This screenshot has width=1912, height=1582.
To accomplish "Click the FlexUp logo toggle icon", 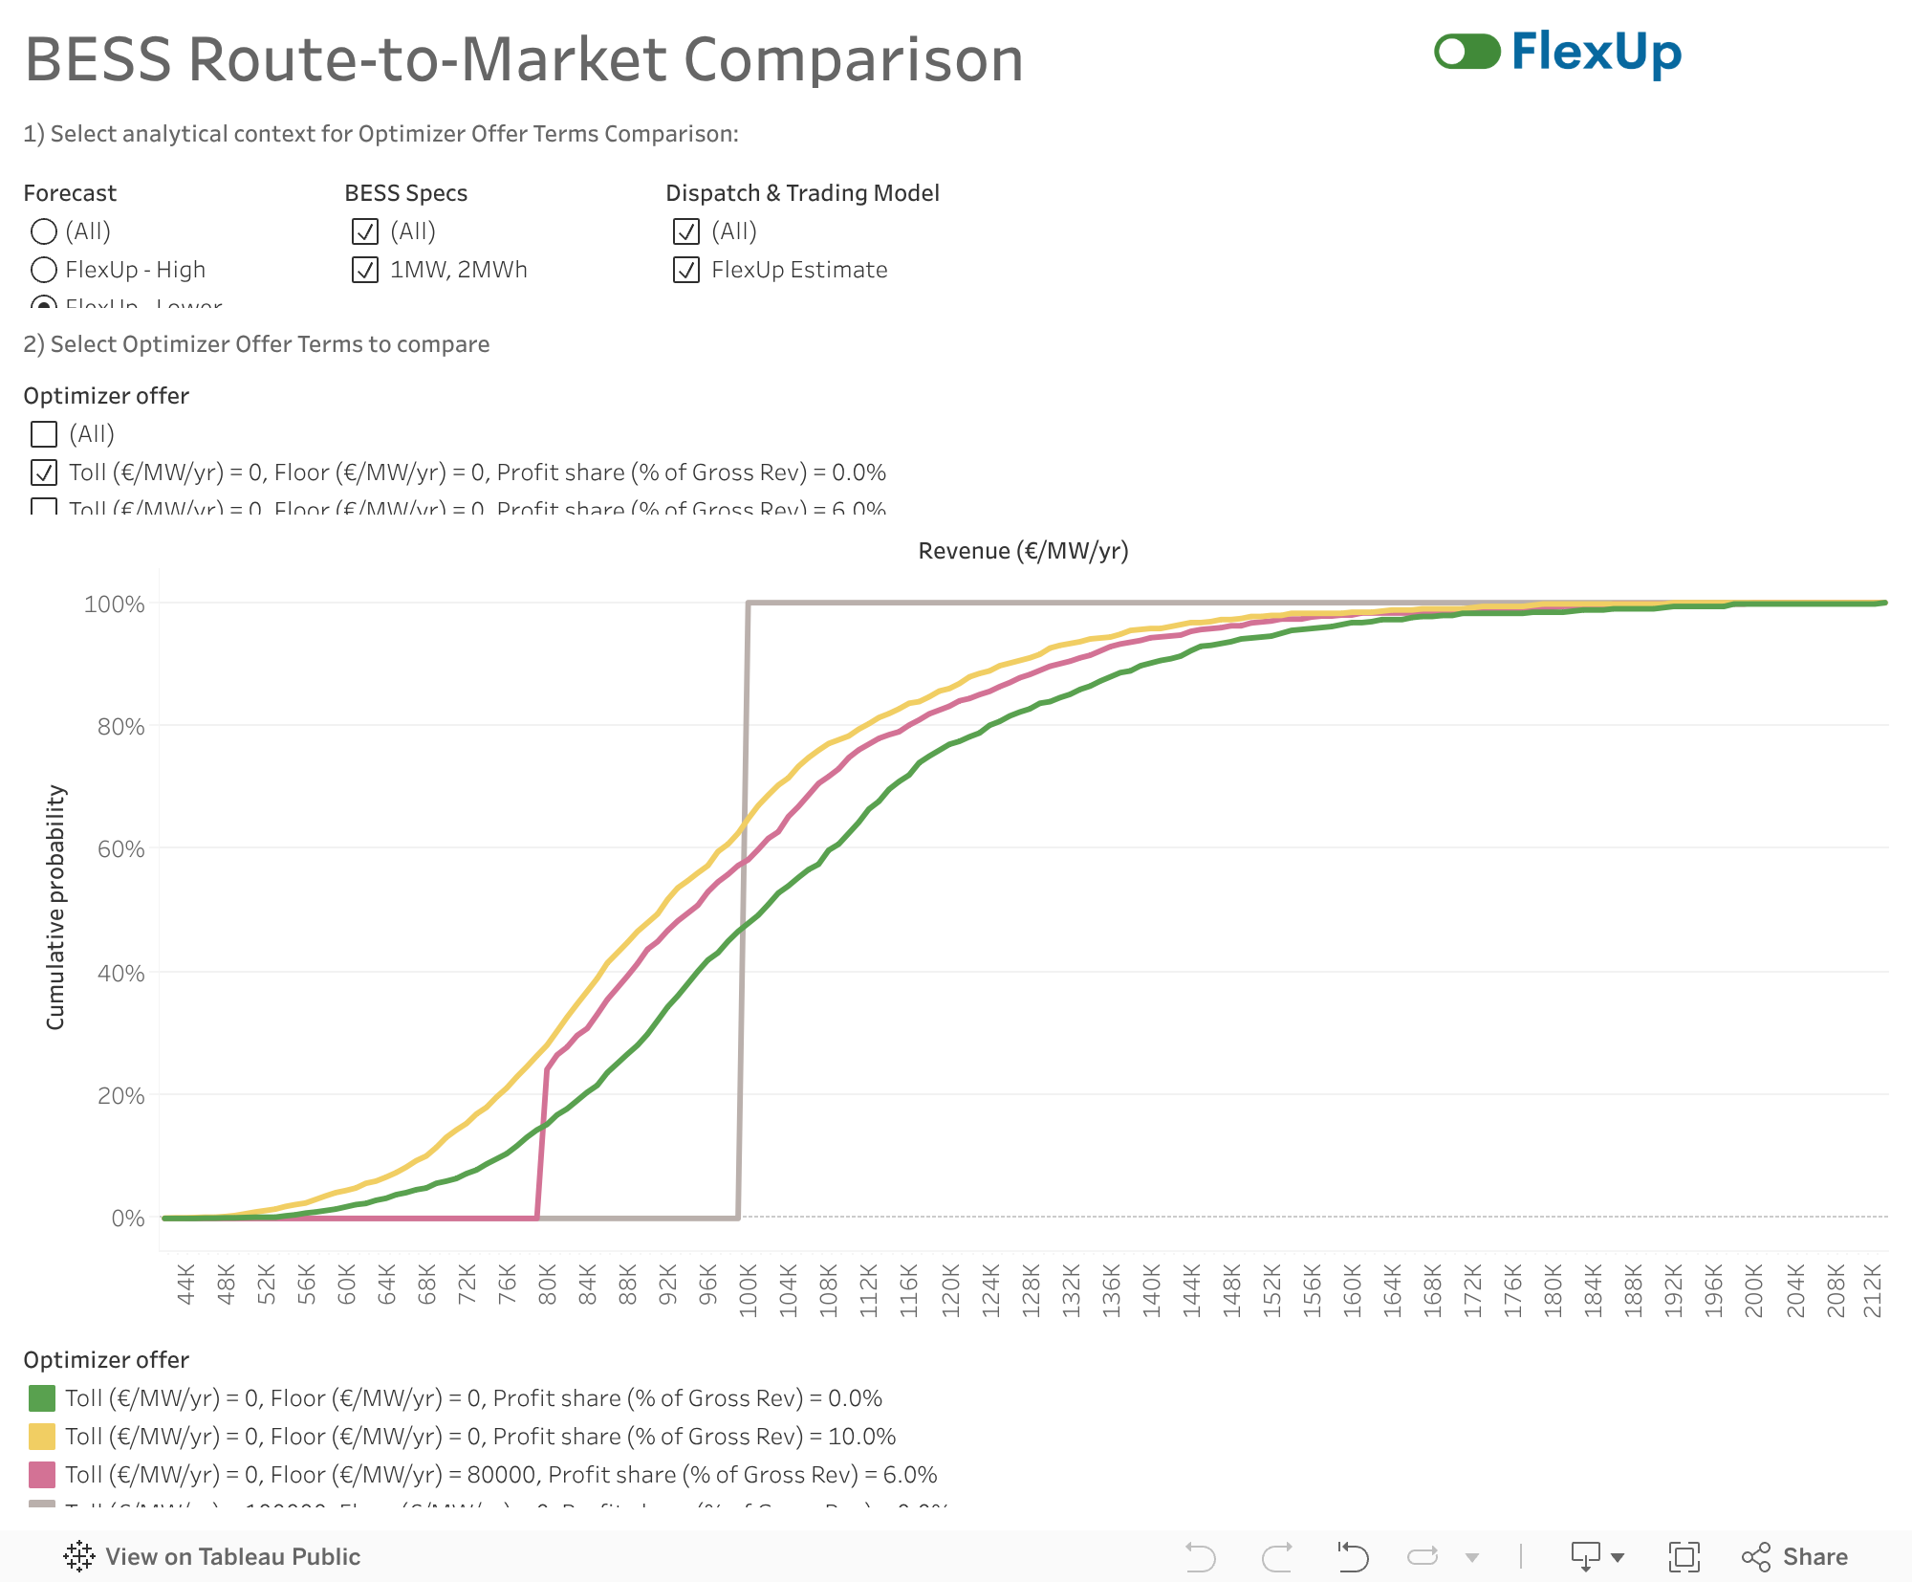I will tap(1467, 52).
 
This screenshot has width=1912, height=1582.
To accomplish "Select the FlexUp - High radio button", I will tap(44, 270).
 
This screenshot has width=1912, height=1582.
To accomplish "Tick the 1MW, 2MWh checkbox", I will tap(365, 270).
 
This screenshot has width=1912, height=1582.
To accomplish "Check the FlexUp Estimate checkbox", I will tap(686, 270).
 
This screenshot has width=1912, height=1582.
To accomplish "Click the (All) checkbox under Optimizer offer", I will tap(44, 434).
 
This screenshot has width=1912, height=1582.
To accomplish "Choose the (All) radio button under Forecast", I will tap(44, 231).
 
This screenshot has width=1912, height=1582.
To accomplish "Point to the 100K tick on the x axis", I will tap(749, 1290).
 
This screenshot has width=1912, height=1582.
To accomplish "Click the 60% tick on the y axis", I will tap(121, 849).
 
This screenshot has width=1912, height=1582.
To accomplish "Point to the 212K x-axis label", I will tap(1873, 1290).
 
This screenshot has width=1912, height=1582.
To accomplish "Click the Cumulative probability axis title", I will tap(55, 907).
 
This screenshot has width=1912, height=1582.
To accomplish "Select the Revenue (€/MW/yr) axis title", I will tap(1023, 551).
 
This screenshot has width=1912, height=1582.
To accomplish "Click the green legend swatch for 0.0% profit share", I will tap(42, 1398).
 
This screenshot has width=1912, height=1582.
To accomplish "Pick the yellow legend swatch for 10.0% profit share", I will tap(42, 1437).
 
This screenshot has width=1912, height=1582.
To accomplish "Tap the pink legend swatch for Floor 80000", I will tap(42, 1475).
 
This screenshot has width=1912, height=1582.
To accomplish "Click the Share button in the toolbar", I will tap(1795, 1557).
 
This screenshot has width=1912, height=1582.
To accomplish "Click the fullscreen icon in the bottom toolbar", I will tap(1684, 1557).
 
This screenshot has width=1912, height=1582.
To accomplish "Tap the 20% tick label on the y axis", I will tap(121, 1095).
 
